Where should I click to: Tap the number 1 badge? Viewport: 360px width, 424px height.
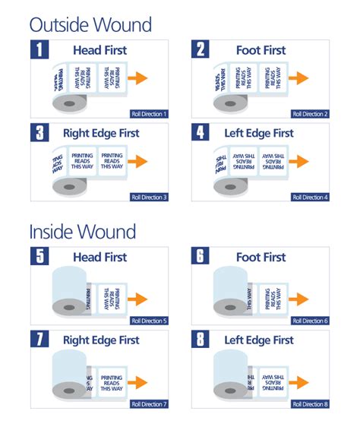click(x=40, y=51)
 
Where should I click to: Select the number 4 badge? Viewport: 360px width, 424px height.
click(x=201, y=134)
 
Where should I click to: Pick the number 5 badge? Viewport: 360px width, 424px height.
click(x=40, y=257)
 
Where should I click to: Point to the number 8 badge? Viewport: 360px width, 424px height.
click(x=201, y=340)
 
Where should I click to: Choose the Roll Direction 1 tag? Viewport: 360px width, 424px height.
click(x=149, y=114)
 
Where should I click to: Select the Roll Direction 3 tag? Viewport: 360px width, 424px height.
click(x=149, y=197)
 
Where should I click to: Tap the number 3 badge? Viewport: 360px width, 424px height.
click(x=40, y=134)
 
